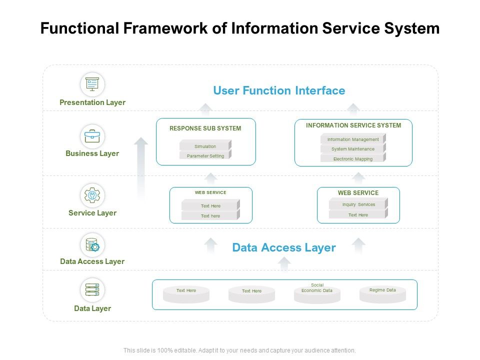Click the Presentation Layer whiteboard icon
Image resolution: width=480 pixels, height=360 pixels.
[x=92, y=84]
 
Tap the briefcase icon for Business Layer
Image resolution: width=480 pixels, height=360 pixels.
[x=92, y=136]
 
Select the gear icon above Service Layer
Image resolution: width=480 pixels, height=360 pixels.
[x=92, y=195]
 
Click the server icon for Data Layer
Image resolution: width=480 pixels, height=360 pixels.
[x=92, y=290]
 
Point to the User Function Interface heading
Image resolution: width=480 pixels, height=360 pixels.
[x=279, y=90]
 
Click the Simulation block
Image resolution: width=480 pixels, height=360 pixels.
[x=205, y=146]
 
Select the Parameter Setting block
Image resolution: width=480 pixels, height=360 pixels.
[x=205, y=155]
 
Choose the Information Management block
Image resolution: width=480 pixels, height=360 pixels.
[x=353, y=139]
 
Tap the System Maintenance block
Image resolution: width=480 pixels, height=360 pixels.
[x=353, y=149]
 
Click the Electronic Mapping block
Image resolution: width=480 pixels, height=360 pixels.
[x=353, y=158]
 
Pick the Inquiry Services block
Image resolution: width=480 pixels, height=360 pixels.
[x=358, y=204]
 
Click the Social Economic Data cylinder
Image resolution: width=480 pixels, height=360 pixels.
[x=317, y=294]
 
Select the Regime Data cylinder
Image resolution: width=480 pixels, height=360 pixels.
[x=382, y=294]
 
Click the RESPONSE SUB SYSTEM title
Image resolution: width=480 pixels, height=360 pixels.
[x=205, y=128]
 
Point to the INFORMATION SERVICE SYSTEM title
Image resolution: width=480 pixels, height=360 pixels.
[x=353, y=125]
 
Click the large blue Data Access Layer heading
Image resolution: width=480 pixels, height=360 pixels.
[x=284, y=247]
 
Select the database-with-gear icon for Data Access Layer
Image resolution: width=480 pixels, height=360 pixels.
[x=92, y=245]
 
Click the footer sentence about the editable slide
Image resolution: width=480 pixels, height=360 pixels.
[x=239, y=350]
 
